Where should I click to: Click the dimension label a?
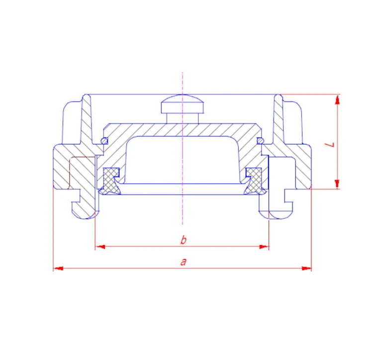[183, 262]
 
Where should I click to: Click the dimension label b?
[183, 240]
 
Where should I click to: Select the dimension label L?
[330, 144]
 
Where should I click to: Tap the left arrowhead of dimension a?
[59, 268]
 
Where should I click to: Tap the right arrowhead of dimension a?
[306, 268]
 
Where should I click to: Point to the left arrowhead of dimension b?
[100, 246]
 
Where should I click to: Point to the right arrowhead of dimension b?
[264, 246]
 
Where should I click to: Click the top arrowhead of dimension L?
[337, 100]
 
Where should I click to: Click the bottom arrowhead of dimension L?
[337, 184]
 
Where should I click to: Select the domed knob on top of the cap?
[183, 104]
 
